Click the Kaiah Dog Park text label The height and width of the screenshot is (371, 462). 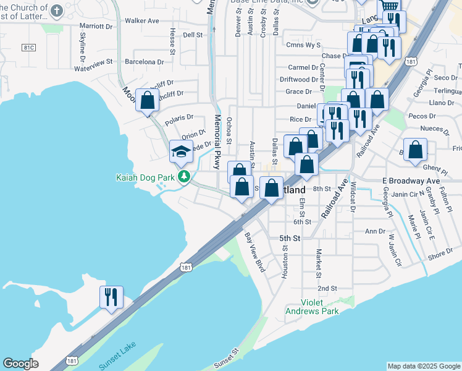point(145,177)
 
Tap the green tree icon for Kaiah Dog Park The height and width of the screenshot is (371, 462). point(183,177)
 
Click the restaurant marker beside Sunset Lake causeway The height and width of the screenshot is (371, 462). point(111,297)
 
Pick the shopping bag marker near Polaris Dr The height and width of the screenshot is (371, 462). point(148,100)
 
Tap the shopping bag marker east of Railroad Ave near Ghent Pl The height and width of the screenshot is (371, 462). point(416,150)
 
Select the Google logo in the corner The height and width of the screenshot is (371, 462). point(20,364)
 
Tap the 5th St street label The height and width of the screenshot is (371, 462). point(289,238)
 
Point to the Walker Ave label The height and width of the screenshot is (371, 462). point(142,20)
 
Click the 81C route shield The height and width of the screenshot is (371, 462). point(28,47)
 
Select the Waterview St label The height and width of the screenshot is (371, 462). point(93,62)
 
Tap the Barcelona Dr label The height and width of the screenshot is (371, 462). point(144,62)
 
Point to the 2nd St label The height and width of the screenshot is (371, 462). point(327,288)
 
